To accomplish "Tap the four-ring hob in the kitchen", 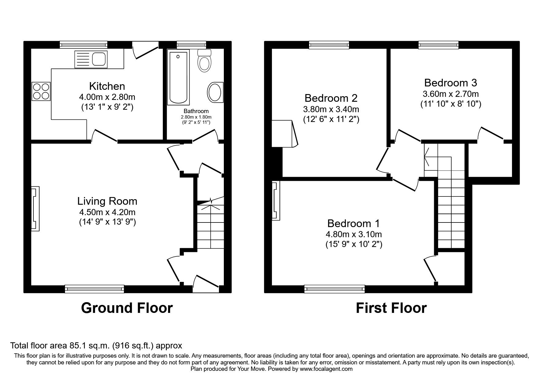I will [x=41, y=91].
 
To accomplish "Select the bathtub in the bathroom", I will [x=178, y=78].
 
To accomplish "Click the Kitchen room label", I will [x=107, y=86].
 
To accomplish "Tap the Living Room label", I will [x=107, y=201].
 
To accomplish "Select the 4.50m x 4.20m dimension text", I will [x=107, y=212].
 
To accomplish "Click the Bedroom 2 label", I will [x=331, y=98].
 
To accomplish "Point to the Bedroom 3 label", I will [x=450, y=83].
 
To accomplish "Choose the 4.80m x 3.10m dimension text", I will [x=354, y=234].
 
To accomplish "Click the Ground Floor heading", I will [x=127, y=308].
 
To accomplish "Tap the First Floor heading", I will [x=391, y=308].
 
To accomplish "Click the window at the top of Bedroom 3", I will [x=438, y=45].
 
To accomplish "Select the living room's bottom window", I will [x=94, y=289].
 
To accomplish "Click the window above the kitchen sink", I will [x=83, y=45].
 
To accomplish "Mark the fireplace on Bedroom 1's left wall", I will [x=276, y=201].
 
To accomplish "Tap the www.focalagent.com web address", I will [x=326, y=369].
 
